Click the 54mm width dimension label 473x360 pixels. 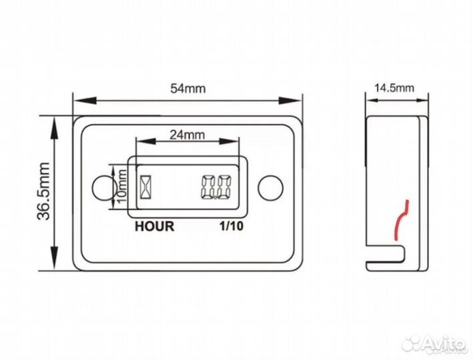point(188,89)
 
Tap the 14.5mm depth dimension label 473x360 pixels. point(394,88)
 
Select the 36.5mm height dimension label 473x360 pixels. point(43,191)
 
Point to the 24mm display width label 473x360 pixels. point(187,135)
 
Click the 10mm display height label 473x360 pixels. point(122,187)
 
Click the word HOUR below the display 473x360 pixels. point(155,227)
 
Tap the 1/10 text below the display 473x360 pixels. point(231,226)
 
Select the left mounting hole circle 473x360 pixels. point(104,187)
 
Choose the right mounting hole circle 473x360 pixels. point(271,187)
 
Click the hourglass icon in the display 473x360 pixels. point(145,187)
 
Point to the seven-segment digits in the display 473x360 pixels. point(216,187)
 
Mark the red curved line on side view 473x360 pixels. point(402,220)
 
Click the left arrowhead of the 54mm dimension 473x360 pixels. point(85,101)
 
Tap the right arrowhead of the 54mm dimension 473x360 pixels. point(290,101)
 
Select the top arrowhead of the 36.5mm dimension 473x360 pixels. point(54,129)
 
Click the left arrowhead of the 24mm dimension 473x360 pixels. point(146,141)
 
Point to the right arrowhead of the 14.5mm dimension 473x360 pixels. point(422,99)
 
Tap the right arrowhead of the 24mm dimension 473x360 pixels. point(229,141)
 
